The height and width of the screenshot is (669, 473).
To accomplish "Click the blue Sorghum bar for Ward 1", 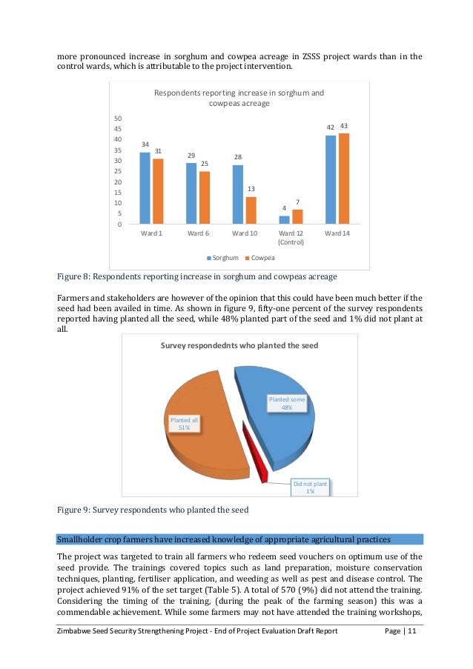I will pyautogui.click(x=145, y=188).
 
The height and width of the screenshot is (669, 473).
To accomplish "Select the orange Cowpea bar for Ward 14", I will pyautogui.click(x=344, y=179).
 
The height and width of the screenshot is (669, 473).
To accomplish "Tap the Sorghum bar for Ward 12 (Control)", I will pyautogui.click(x=284, y=220).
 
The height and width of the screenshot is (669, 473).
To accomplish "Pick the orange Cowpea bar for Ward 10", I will pyautogui.click(x=251, y=210).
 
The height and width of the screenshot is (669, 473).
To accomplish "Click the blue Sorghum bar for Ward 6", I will pyautogui.click(x=191, y=193).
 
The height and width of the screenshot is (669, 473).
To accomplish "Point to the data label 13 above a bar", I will pyautogui.click(x=251, y=190).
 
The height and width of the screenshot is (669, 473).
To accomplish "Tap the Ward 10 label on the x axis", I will pyautogui.click(x=245, y=233).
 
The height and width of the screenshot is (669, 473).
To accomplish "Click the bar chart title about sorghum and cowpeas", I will pyautogui.click(x=239, y=99).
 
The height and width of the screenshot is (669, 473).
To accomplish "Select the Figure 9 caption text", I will pyautogui.click(x=153, y=510).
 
